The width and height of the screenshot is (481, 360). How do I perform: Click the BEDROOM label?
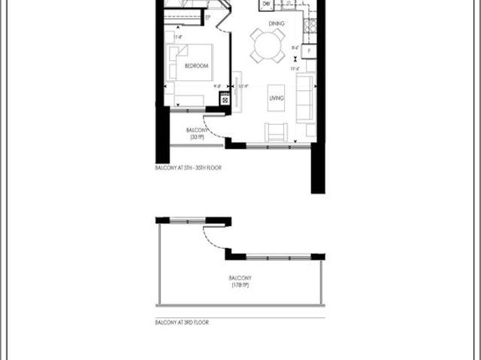[x=195, y=65]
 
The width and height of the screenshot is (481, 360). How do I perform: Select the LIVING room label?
[x=276, y=98]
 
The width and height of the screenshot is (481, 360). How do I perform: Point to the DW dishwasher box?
[x=267, y=5]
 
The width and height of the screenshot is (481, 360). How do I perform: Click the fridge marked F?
[x=310, y=51]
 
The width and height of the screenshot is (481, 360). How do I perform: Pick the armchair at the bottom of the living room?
[x=276, y=132]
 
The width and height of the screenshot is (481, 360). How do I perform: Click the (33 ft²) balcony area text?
[x=198, y=138]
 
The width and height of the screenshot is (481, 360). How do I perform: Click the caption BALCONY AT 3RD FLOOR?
[x=181, y=322]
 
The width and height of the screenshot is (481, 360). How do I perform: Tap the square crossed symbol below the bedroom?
[x=224, y=98]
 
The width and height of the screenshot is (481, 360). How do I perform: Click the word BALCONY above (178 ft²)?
[x=240, y=278]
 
